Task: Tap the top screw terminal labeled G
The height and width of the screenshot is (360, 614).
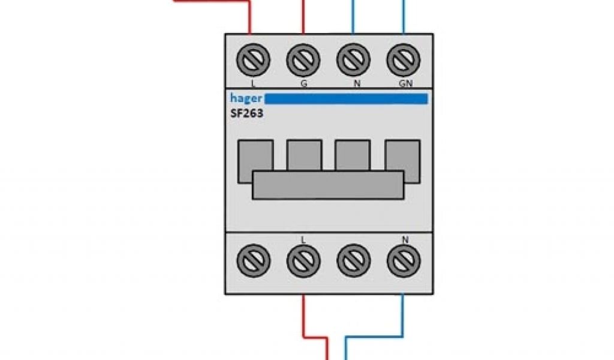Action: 303,60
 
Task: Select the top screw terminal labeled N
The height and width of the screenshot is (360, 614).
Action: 354,60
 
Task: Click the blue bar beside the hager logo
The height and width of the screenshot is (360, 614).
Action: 347,99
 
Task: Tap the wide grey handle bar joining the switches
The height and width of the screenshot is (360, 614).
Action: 327,185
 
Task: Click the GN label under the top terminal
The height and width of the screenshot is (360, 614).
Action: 405,84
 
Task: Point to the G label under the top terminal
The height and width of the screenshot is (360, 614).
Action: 303,84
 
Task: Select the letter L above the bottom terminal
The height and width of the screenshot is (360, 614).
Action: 303,240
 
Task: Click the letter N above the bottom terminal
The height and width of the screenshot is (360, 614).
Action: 405,240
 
